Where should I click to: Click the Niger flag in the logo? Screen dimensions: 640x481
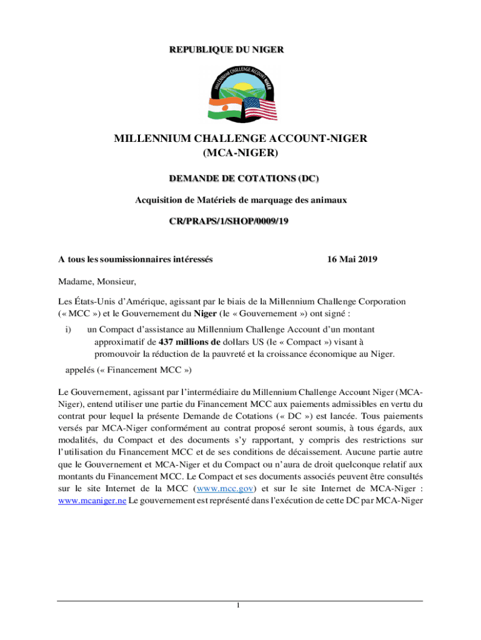click(225, 107)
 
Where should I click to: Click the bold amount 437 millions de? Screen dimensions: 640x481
click(190, 342)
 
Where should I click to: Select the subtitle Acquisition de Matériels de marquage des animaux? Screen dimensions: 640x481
click(241, 201)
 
